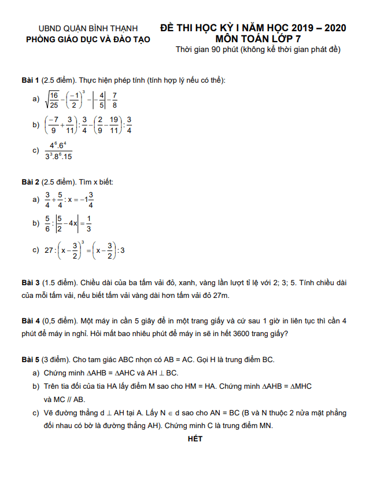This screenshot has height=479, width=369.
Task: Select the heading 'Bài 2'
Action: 30,182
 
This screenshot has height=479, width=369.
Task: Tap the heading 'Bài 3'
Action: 30,283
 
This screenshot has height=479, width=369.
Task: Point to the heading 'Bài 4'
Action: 30,320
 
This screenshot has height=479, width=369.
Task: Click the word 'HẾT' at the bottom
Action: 195,439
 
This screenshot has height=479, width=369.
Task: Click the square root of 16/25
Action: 52,100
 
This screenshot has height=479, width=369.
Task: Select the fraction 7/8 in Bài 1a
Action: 115,100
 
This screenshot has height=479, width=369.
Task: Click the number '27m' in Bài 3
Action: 222,296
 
